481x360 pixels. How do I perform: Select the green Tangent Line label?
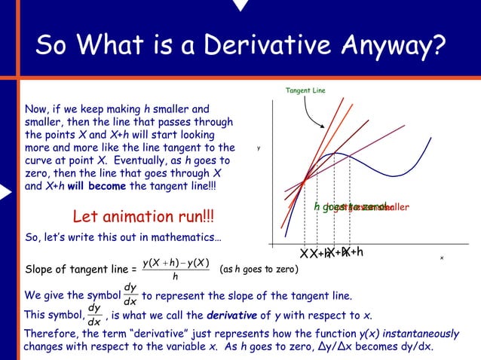click(305, 91)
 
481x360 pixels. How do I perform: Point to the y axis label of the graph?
click(258, 148)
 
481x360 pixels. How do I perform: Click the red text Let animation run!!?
click(142, 217)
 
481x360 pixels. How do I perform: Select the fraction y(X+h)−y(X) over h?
click(176, 268)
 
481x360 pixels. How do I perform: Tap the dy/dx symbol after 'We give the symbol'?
click(130, 294)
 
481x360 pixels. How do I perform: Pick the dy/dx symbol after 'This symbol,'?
click(94, 315)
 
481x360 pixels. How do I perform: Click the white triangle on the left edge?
click(6, 192)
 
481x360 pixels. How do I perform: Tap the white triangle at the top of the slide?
click(240, 5)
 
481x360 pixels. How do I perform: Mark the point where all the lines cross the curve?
click(303, 179)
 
